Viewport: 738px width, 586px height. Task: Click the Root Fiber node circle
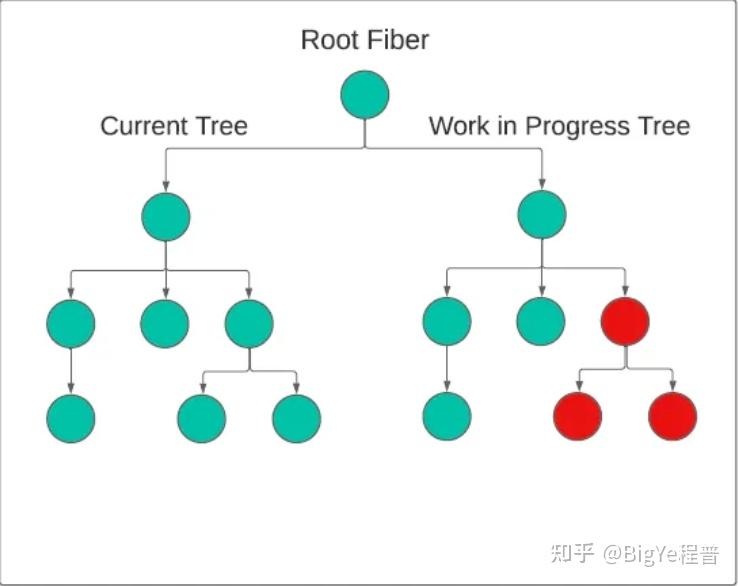(x=365, y=95)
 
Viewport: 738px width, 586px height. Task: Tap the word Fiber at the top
(x=398, y=41)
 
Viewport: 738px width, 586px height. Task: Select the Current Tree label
(x=174, y=127)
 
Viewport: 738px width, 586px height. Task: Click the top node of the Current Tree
(x=165, y=216)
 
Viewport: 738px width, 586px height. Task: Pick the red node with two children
(x=625, y=321)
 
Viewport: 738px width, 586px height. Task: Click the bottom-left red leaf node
(x=577, y=417)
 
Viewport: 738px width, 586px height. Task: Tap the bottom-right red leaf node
(x=672, y=417)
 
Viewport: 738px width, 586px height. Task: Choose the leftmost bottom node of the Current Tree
(x=70, y=418)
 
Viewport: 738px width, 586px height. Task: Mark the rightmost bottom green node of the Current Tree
(x=296, y=418)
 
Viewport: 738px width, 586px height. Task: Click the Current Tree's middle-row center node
(x=165, y=322)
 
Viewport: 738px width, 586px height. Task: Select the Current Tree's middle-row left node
(x=70, y=322)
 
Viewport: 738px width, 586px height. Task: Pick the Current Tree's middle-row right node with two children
(x=249, y=322)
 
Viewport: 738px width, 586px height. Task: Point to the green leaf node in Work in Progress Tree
(x=447, y=418)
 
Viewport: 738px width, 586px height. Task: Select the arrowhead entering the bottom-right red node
(x=672, y=387)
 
